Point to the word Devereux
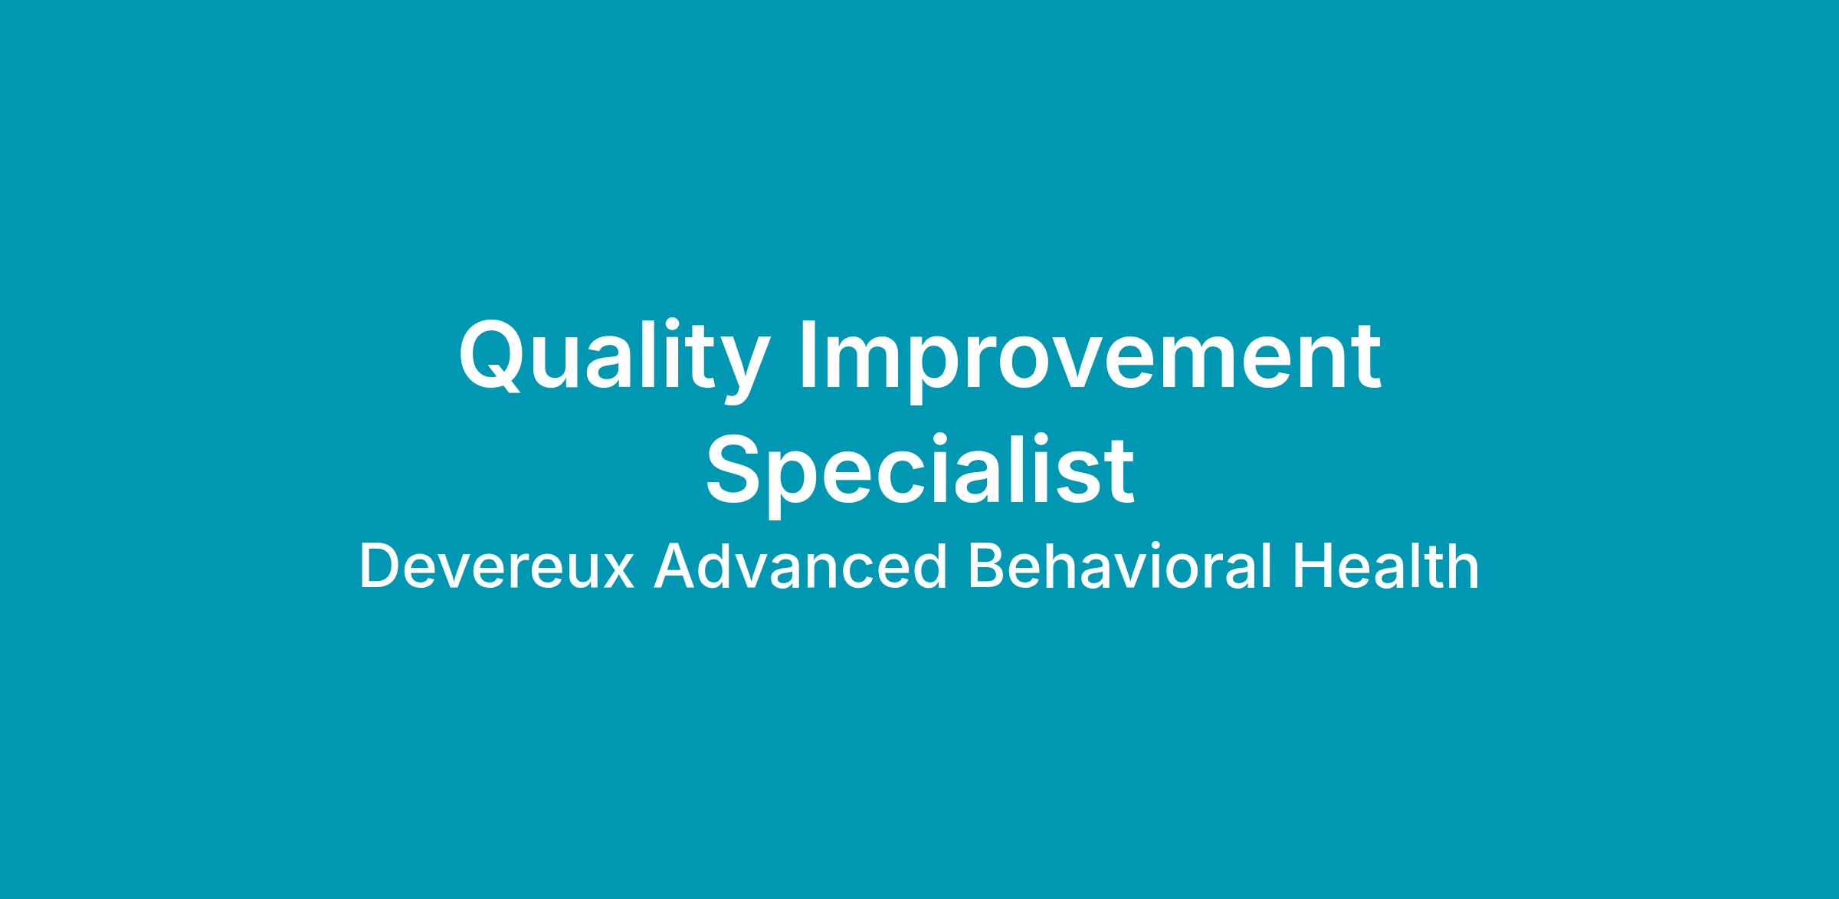tap(497, 567)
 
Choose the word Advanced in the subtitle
tap(800, 567)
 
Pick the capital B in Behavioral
tap(987, 567)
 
